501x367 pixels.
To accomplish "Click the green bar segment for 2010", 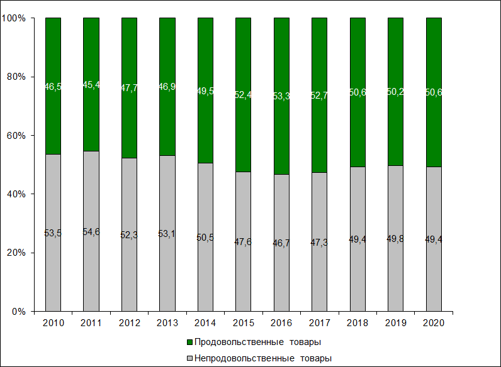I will pos(53,63).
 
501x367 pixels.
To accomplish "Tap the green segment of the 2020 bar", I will pos(434,63).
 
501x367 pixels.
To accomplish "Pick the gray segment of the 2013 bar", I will pos(167,264).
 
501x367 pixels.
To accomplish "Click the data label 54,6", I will pos(91,232).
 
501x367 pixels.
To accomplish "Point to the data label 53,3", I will pos(281,96).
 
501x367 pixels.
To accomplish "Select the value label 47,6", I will pos(243,242).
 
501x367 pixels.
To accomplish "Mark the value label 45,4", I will pos(91,85).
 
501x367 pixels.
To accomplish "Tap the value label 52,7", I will pos(319,95).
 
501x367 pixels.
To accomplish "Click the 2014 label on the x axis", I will pos(205,322).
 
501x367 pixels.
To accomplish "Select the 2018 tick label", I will pos(357,322).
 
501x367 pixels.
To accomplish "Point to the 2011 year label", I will pos(91,322).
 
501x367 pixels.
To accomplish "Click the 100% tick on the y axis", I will pos(14,18).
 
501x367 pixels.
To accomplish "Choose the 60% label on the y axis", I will pos(16,135).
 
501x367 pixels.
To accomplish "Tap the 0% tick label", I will pos(18,311).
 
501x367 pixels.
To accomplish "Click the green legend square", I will pos(189,342).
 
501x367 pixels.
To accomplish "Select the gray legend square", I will pos(189,358).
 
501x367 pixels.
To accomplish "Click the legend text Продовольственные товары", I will pos(258,342).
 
